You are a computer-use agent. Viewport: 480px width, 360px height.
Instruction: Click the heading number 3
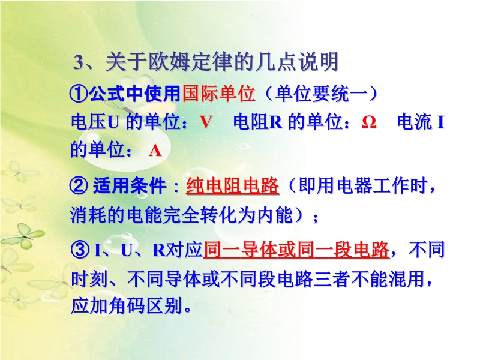[x=79, y=62]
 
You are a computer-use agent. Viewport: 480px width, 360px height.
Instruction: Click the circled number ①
[x=79, y=94]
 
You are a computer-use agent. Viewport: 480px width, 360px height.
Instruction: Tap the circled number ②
[x=79, y=186]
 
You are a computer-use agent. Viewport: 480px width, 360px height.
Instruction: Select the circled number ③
[x=80, y=250]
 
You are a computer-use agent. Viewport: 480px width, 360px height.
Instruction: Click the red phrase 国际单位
[x=218, y=93]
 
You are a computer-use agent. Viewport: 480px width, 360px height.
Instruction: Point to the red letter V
[x=206, y=122]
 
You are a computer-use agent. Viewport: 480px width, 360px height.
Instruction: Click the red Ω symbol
[x=369, y=122]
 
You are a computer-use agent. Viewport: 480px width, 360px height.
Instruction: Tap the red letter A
[x=155, y=151]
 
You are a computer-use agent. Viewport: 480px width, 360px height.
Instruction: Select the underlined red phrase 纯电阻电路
[x=232, y=186]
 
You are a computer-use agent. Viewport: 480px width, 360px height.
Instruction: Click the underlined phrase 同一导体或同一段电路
[x=296, y=250]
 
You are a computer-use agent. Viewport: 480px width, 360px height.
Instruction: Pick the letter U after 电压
[x=113, y=122]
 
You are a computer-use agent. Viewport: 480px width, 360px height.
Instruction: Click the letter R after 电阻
[x=275, y=122]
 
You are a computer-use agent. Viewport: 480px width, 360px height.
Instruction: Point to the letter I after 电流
[x=441, y=122]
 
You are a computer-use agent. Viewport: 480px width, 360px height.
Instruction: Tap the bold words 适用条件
[x=130, y=186]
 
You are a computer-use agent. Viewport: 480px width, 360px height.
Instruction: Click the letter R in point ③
[x=158, y=250]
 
